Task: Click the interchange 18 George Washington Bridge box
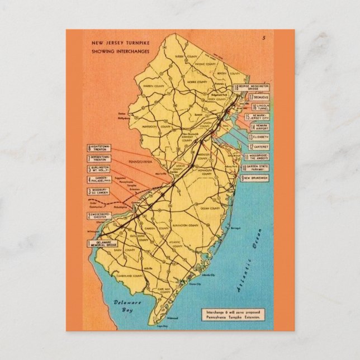251,87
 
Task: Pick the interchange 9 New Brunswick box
254,178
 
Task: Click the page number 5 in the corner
263,38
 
